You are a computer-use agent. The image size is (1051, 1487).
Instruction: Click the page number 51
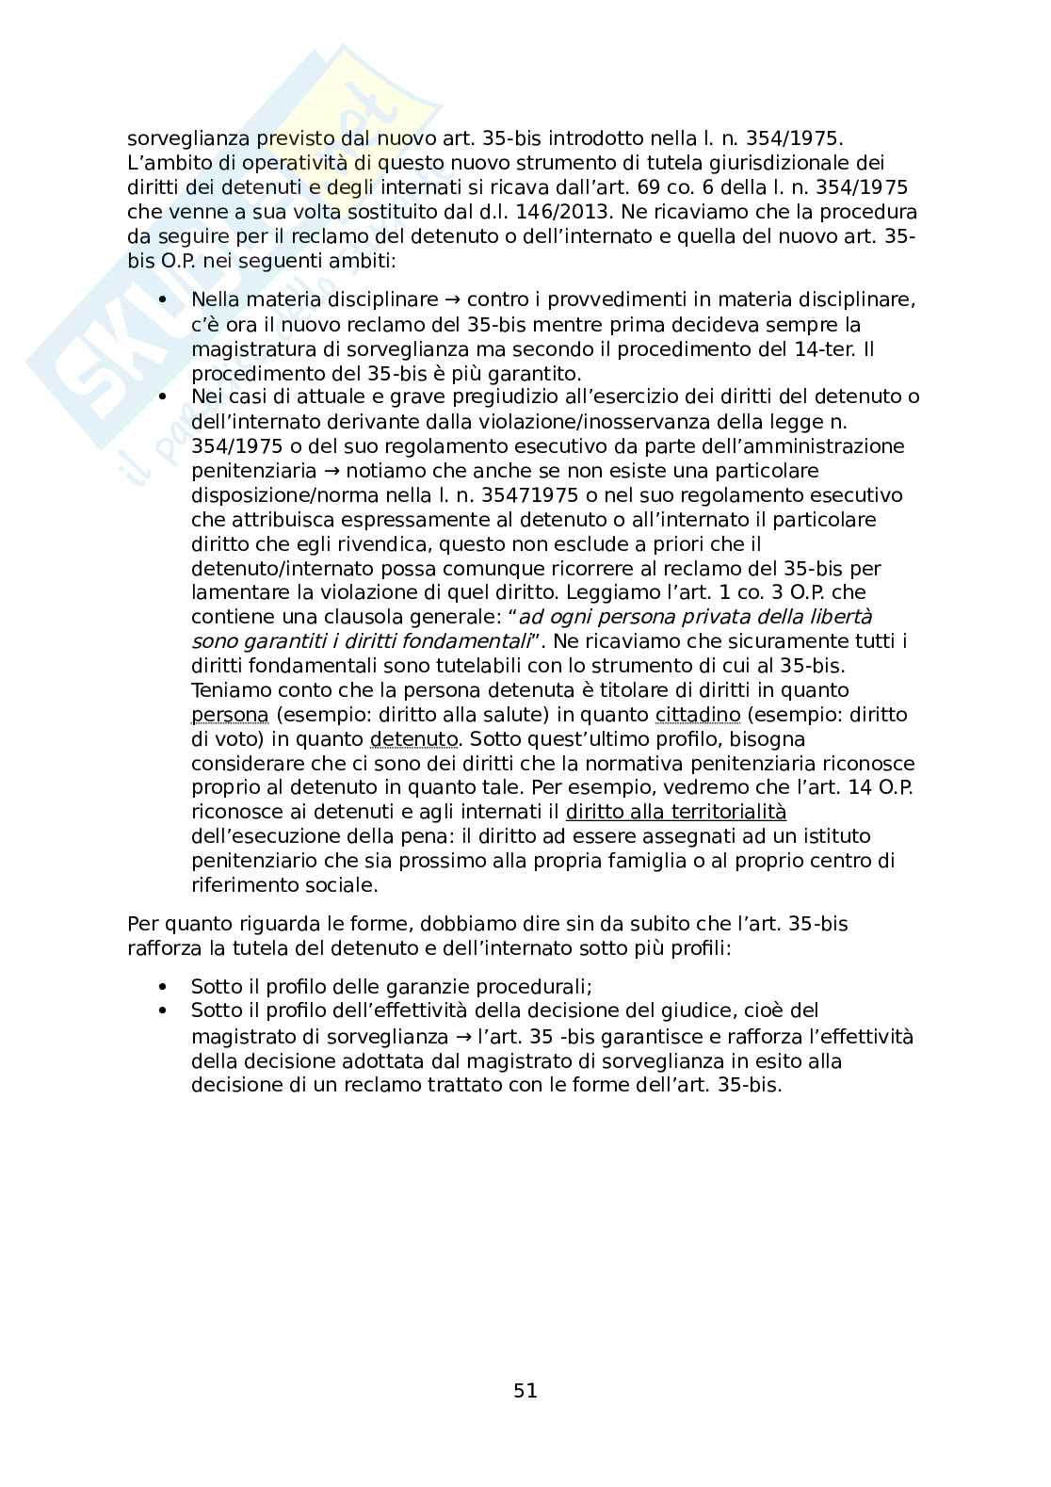point(525,1390)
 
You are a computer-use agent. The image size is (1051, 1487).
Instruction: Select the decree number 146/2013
point(565,212)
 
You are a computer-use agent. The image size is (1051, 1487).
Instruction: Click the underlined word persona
point(230,716)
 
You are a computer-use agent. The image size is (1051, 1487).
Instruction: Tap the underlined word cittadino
point(698,716)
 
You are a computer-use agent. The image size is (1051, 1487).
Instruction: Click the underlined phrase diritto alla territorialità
point(675,813)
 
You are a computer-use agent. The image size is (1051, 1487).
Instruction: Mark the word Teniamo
point(228,691)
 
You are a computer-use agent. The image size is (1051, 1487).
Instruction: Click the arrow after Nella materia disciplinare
point(452,301)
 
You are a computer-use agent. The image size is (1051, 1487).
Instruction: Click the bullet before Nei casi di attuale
point(165,397)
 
